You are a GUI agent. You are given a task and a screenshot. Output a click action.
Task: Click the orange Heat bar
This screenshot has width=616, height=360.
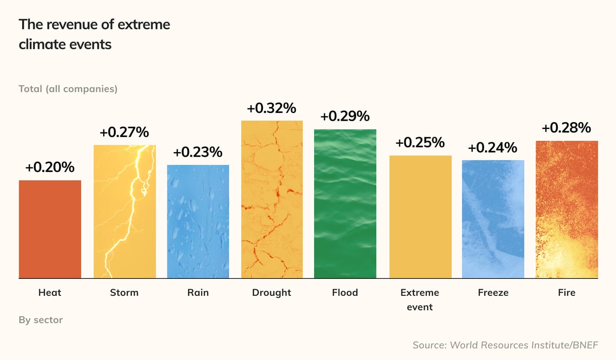[50, 229]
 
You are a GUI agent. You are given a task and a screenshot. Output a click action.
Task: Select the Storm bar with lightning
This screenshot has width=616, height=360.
[124, 212]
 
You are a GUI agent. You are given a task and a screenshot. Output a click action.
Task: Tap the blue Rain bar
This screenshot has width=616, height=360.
[198, 221]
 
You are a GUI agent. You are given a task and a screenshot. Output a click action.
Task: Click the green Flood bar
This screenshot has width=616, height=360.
[345, 204]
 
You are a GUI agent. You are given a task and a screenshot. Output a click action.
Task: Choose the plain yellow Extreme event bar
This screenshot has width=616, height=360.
[420, 217]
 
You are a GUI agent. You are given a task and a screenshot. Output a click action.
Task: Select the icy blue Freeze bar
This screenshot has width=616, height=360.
[493, 219]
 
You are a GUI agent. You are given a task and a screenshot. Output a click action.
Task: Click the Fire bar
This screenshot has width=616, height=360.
[567, 210]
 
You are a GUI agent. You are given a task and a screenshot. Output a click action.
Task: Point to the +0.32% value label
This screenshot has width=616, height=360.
[272, 108]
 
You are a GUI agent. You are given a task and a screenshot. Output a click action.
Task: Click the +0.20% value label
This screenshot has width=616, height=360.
[50, 167]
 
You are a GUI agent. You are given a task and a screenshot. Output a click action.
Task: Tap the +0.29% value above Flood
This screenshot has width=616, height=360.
[345, 117]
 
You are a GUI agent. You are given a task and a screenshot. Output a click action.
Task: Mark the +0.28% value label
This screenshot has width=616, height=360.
[567, 128]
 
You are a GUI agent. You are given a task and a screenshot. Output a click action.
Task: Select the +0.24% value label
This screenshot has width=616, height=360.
[493, 148]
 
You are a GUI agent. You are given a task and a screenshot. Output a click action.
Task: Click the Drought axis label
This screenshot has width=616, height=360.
[272, 293]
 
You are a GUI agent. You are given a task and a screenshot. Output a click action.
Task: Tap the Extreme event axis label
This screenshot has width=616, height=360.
[420, 299]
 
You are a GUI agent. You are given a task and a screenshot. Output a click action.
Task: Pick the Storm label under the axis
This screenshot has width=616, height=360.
[124, 293]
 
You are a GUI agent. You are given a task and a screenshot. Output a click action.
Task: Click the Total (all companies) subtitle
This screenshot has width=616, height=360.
[68, 89]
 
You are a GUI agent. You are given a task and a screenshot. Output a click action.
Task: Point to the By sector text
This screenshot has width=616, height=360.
[41, 320]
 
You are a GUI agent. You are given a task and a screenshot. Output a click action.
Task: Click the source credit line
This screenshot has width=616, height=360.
[506, 345]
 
